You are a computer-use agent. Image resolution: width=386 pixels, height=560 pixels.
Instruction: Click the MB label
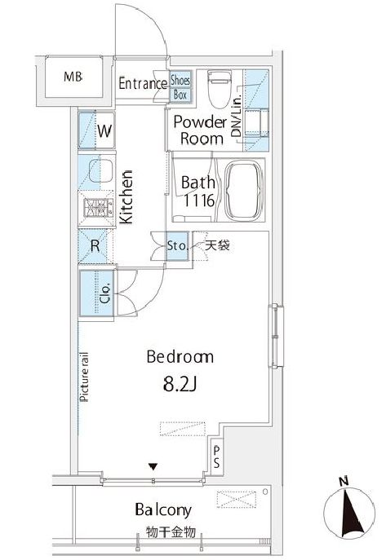(x=73, y=77)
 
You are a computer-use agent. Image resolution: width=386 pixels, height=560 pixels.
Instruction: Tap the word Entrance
(x=143, y=84)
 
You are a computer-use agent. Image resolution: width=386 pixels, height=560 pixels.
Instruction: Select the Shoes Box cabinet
(x=180, y=87)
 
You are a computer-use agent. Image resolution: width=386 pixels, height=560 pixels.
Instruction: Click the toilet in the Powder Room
(x=220, y=89)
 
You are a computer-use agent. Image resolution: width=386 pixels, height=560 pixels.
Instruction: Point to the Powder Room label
(x=201, y=130)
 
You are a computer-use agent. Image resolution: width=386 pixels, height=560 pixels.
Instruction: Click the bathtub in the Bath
(x=244, y=191)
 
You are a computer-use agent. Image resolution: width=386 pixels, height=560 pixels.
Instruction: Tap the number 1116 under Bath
(x=199, y=201)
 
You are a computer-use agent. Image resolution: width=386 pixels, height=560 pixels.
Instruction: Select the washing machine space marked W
(x=96, y=130)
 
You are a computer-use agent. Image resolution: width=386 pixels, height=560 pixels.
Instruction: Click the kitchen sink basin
(x=100, y=170)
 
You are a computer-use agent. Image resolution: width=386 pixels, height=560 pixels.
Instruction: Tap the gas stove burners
(x=98, y=208)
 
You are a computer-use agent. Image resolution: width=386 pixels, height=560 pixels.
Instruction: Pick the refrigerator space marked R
(x=95, y=246)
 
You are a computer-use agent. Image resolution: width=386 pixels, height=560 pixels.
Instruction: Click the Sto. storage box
(x=177, y=246)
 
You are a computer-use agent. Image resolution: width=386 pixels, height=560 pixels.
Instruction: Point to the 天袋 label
(x=217, y=245)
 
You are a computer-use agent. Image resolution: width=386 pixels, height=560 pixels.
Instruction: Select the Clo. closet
(x=97, y=293)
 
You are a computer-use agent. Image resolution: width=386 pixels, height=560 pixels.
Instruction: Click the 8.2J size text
(x=180, y=384)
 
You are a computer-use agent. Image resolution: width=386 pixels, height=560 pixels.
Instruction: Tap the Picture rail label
(x=83, y=377)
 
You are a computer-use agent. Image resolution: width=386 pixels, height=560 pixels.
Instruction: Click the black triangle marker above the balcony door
(x=153, y=466)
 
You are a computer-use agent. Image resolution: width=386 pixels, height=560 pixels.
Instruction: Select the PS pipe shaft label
(x=216, y=457)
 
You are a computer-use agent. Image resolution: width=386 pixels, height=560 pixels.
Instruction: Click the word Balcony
(x=163, y=510)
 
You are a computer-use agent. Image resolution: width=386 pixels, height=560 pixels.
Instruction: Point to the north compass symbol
(x=349, y=511)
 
